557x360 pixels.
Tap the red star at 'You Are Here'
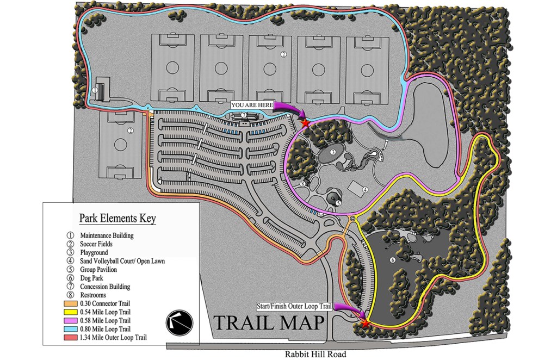pyautogui.click(x=305, y=123)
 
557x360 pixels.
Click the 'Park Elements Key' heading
pyautogui.click(x=117, y=219)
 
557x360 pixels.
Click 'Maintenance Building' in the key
pyautogui.click(x=107, y=235)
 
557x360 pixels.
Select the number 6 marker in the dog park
pyautogui.click(x=392, y=260)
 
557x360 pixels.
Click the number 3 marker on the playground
pyautogui.click(x=332, y=152)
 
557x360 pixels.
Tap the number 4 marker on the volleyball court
pyautogui.click(x=366, y=189)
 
